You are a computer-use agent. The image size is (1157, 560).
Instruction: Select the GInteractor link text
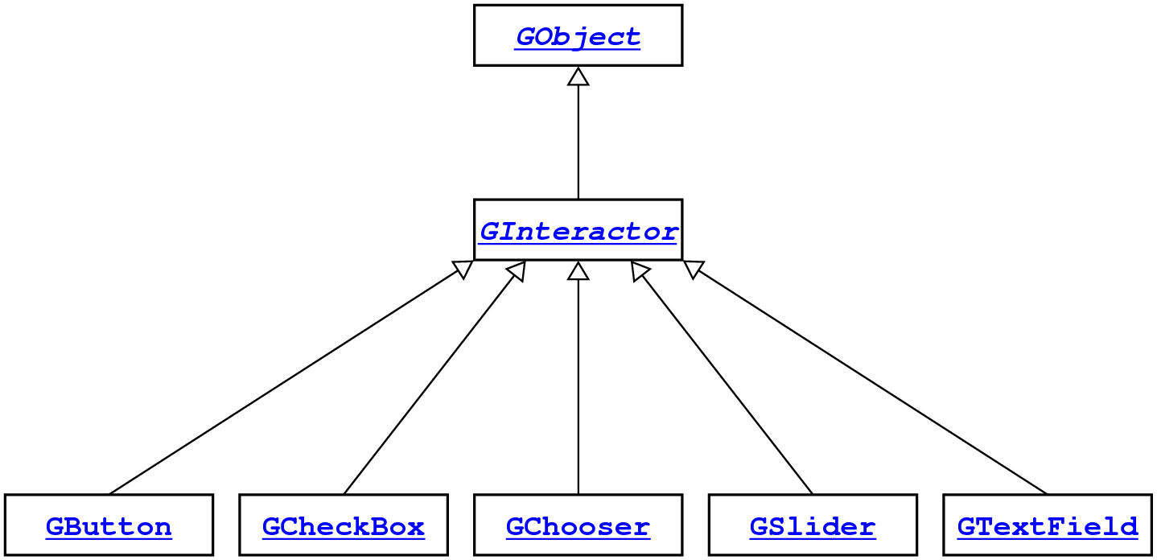pos(578,232)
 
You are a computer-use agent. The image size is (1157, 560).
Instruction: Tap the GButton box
pos(109,525)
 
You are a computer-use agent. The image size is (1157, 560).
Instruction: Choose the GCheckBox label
pos(344,527)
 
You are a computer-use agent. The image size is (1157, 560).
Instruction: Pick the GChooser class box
pos(578,525)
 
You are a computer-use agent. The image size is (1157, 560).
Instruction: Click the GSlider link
pos(812,527)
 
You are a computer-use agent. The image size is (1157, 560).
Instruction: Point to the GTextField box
pos(1047,525)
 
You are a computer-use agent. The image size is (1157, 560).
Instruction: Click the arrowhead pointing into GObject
pos(578,76)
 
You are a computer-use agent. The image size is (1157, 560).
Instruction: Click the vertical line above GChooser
pos(578,386)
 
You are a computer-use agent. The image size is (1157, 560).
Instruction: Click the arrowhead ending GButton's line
pos(462,270)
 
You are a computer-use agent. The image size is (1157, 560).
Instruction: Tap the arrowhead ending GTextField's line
pos(694,270)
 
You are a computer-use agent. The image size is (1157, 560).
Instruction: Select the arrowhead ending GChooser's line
pos(578,271)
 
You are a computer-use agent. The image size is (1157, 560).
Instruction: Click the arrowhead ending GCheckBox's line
pos(517,272)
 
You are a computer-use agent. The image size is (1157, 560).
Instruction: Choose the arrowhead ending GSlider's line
pos(640,272)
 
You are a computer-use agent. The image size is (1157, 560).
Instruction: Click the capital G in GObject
pos(525,36)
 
